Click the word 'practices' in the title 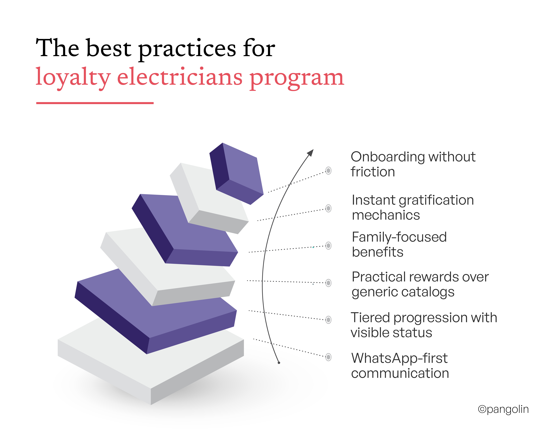187,49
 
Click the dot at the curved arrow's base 279,363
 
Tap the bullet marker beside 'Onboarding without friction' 328,171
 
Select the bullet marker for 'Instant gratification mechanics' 328,208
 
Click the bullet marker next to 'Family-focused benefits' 328,246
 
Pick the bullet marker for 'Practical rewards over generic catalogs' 328,283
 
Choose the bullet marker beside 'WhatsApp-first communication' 328,357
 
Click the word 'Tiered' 370,318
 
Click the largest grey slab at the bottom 151,365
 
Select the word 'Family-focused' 399,237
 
